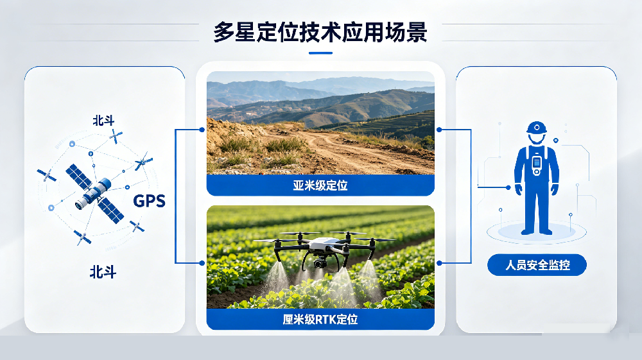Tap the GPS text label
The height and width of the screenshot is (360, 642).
pyautogui.click(x=149, y=201)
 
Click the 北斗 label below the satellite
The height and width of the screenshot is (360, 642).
pyautogui.click(x=103, y=272)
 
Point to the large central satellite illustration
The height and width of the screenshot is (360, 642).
pyautogui.click(x=94, y=191)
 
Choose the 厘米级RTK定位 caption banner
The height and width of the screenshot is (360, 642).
pyautogui.click(x=320, y=319)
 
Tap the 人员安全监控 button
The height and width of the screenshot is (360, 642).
pyautogui.click(x=537, y=264)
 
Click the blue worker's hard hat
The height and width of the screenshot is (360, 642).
pyautogui.click(x=536, y=127)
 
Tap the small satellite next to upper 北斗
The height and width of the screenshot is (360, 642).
pyautogui.click(x=116, y=136)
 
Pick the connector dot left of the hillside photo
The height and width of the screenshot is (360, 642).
pyautogui.click(x=202, y=129)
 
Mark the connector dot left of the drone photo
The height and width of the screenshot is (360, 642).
pyautogui.click(x=202, y=262)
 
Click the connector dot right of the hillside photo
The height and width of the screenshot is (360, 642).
pyautogui.click(x=439, y=129)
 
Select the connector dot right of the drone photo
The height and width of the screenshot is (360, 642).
pyautogui.click(x=439, y=262)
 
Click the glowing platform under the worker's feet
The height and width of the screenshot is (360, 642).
pyautogui.click(x=536, y=232)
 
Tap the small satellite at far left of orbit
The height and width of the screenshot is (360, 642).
pyautogui.click(x=46, y=175)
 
